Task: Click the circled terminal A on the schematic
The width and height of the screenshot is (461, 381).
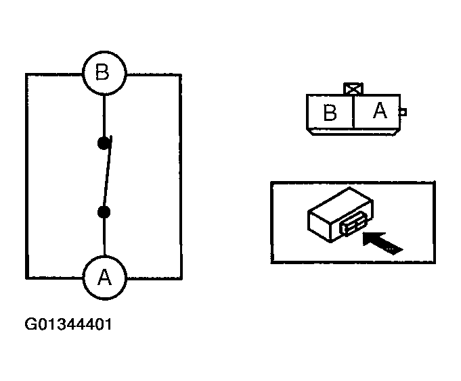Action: [104, 277]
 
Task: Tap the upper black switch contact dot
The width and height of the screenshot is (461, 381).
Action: [103, 143]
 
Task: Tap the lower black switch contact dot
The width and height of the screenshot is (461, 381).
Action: [104, 213]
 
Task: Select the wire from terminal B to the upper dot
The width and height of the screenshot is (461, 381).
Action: [104, 115]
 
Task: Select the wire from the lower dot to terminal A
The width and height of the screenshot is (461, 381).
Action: [104, 236]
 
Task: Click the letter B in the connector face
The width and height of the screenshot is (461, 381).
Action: [330, 113]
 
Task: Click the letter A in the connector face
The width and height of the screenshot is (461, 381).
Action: [380, 110]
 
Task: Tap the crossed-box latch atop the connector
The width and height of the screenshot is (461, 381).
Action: [353, 88]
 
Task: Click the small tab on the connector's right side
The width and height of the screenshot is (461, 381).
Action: [403, 112]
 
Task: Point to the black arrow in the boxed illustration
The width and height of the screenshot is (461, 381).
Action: [382, 241]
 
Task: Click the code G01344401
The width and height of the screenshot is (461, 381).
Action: [68, 325]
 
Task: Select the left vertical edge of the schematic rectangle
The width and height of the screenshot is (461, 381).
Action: [26, 176]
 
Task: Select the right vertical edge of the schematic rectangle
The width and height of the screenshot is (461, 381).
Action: [181, 176]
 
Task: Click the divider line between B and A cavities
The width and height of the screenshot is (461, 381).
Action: [353, 111]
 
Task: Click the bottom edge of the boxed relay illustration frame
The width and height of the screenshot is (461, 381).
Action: [353, 262]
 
